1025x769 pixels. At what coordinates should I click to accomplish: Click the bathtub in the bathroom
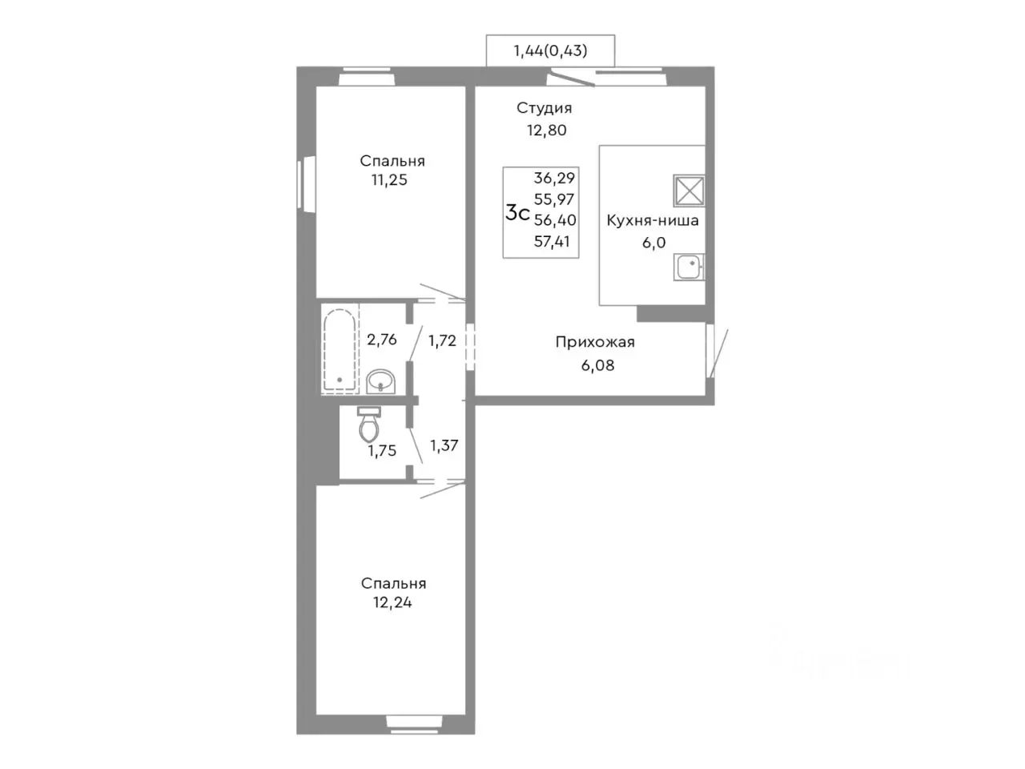(340, 349)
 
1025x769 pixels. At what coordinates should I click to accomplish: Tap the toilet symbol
(369, 424)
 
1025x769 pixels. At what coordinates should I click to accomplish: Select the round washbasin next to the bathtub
(381, 381)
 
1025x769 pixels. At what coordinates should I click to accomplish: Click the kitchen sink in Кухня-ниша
(689, 267)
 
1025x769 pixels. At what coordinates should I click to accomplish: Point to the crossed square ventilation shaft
(689, 191)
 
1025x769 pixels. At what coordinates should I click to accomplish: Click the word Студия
(544, 108)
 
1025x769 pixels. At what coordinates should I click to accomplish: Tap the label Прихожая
(595, 342)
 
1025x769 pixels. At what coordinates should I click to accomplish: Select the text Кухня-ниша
(653, 220)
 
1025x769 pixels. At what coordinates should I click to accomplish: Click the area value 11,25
(389, 179)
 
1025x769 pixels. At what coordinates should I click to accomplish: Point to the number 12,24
(392, 602)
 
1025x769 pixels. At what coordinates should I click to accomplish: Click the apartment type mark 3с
(517, 213)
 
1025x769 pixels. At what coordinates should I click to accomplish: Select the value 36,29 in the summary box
(554, 178)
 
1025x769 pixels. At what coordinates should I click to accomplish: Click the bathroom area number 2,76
(381, 340)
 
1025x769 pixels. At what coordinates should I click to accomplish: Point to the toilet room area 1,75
(382, 450)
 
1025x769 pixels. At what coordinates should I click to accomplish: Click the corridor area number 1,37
(444, 445)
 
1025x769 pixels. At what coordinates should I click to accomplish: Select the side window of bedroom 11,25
(307, 184)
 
